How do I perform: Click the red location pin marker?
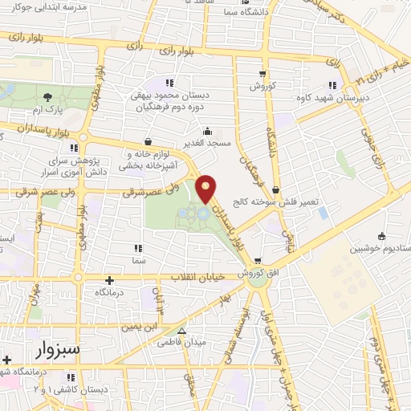click(206, 188)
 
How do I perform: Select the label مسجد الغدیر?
click(208, 143)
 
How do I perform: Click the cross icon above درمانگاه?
click(109, 280)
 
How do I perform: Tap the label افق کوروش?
click(258, 273)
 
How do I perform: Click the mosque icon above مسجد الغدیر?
click(208, 132)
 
